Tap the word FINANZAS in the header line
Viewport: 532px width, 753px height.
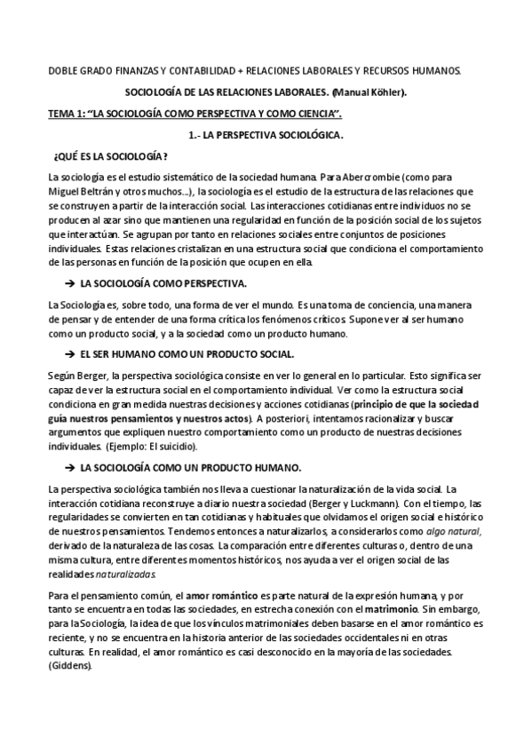[145, 70]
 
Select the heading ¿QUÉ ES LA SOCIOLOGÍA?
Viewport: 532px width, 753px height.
[110, 155]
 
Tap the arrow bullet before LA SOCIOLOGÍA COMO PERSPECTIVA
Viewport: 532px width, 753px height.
[69, 283]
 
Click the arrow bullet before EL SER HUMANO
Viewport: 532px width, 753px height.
[69, 353]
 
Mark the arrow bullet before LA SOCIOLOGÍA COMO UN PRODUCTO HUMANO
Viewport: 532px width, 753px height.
[69, 467]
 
